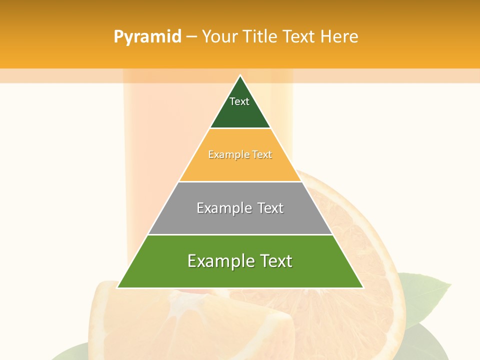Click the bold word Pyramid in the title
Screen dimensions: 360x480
(x=147, y=37)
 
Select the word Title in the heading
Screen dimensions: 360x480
(x=260, y=37)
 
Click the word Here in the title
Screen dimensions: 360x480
(x=339, y=37)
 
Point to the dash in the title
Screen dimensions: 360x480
(x=191, y=37)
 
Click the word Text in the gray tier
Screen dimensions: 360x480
(x=270, y=208)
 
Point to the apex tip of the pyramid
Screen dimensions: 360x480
(x=240, y=76)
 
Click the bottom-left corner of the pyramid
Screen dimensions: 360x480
(x=118, y=287)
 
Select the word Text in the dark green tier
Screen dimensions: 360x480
(x=239, y=101)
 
